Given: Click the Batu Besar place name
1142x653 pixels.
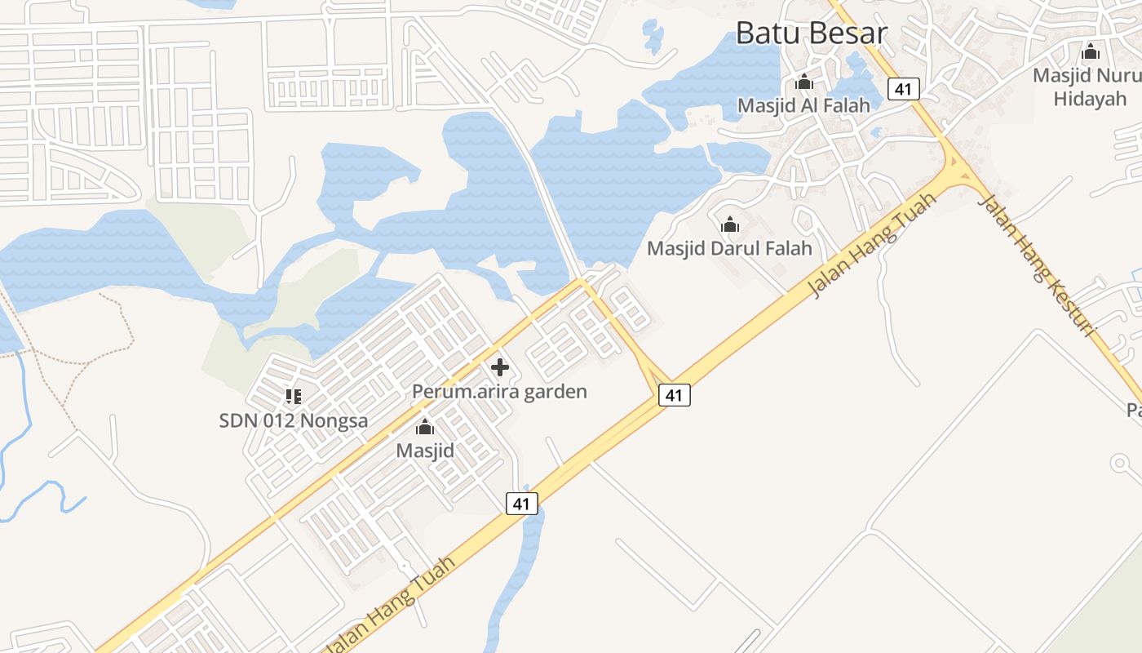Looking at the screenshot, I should point(811,33).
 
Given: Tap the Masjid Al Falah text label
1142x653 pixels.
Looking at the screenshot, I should point(803,105).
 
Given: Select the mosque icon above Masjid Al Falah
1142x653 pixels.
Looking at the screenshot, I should point(804,82).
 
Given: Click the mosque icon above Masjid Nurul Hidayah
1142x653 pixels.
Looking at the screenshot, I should point(1091,52).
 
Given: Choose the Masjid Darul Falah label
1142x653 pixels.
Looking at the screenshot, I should point(729,247).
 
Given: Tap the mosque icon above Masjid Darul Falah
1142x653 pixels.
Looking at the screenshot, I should point(730,224).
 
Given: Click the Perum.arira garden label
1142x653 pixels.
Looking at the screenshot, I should point(499,391).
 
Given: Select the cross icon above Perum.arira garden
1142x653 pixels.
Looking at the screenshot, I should point(500,367).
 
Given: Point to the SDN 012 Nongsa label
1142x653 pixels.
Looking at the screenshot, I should point(293,420).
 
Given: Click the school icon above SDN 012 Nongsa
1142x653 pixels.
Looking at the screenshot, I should point(294,397).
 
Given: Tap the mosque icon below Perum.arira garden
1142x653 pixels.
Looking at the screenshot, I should point(425,426).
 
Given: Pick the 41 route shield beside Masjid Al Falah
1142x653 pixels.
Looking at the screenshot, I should point(902,88).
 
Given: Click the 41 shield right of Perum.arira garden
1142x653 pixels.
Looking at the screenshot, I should point(673,395).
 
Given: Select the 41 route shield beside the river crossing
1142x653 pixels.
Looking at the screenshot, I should point(521,504).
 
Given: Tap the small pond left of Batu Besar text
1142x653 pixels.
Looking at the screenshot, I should point(653,36).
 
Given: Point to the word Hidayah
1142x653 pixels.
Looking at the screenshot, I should point(1089,99).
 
